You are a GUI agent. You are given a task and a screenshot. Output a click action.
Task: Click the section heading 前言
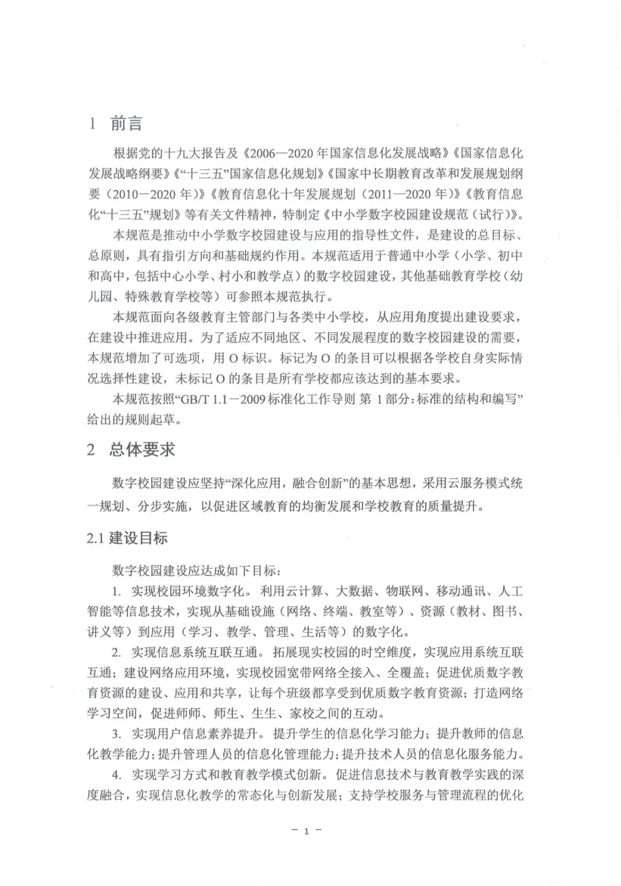point(126,124)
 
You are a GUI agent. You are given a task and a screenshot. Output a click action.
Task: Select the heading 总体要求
point(142,449)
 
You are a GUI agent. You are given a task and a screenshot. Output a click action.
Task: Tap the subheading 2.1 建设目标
point(127,538)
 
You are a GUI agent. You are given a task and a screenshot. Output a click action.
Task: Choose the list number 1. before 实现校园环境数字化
point(117,591)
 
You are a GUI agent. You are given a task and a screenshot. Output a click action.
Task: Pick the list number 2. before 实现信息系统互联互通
point(117,652)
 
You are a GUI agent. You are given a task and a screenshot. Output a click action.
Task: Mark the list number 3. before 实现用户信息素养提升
point(117,734)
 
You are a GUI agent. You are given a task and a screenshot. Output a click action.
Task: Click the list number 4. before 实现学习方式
point(117,774)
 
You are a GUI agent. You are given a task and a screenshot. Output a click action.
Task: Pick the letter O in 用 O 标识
point(233,358)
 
